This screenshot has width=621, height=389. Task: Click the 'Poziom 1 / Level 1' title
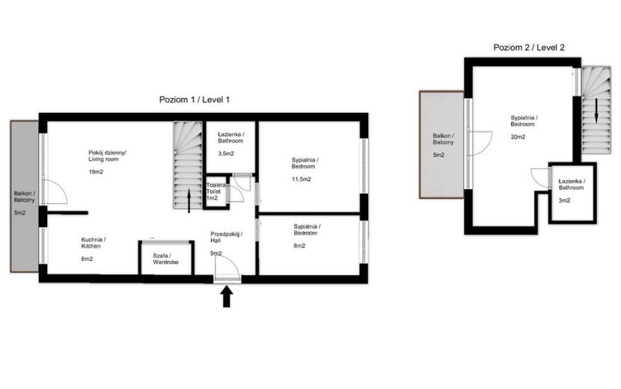pyautogui.click(x=194, y=99)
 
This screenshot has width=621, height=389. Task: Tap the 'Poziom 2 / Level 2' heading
pyautogui.click(x=529, y=48)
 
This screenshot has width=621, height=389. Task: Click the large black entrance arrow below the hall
pyautogui.click(x=227, y=297)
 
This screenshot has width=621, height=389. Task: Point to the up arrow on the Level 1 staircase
pyautogui.click(x=189, y=200)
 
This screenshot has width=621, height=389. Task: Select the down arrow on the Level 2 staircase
pyautogui.click(x=596, y=111)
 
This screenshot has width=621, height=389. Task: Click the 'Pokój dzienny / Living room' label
pyautogui.click(x=107, y=156)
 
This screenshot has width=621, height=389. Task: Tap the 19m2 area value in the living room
pyautogui.click(x=96, y=172)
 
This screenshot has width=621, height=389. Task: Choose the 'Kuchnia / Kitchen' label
pyautogui.click(x=94, y=243)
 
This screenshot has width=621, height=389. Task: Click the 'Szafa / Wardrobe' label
pyautogui.click(x=165, y=259)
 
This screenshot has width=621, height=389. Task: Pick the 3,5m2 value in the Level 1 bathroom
pyautogui.click(x=226, y=153)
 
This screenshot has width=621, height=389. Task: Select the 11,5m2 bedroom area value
pyautogui.click(x=302, y=179)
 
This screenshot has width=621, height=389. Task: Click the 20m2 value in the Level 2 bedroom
pyautogui.click(x=518, y=137)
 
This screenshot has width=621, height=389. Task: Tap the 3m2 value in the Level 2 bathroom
pyautogui.click(x=564, y=200)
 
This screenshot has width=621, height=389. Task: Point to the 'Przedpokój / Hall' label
pyautogui.click(x=227, y=237)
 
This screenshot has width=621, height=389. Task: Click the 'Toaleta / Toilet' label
pyautogui.click(x=215, y=189)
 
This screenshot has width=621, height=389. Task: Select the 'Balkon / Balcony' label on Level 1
pyautogui.click(x=25, y=197)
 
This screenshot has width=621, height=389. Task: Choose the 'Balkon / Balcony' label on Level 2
pyautogui.click(x=443, y=139)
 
